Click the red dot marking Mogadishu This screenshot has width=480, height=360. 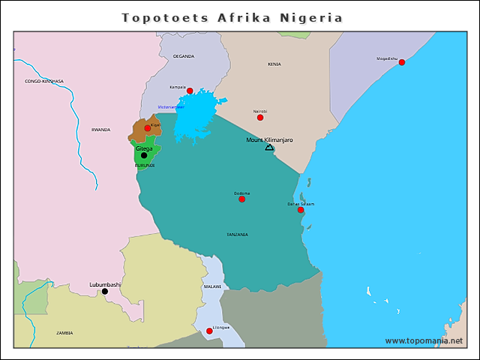[402, 62]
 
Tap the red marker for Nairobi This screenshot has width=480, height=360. [260, 117]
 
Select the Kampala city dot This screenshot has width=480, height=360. [190, 91]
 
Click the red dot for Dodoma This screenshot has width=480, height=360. [241, 199]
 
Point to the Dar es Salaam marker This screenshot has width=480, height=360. [301, 210]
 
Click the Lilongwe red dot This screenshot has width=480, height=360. [209, 331]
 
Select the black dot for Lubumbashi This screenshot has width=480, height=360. [104, 291]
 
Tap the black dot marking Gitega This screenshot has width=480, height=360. [144, 155]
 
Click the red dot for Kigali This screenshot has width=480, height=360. [148, 128]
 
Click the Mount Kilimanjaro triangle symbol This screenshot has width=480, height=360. [269, 147]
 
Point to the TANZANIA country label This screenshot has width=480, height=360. [237, 235]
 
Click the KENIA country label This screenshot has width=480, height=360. [274, 64]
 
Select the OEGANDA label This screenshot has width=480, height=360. [184, 56]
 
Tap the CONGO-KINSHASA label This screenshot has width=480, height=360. [44, 81]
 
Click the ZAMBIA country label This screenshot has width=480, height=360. [64, 332]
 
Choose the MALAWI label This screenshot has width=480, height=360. [212, 286]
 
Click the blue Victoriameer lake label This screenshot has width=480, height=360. [171, 107]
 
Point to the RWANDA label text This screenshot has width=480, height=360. [100, 130]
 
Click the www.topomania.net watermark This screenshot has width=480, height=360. [424, 340]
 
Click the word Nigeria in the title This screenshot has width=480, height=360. [311, 17]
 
